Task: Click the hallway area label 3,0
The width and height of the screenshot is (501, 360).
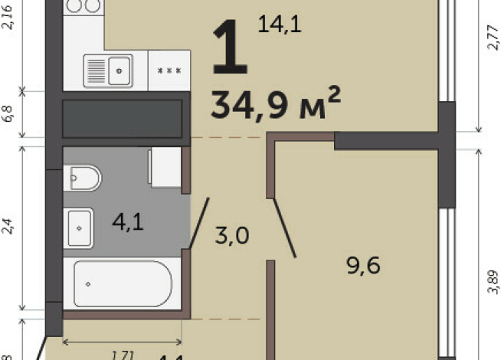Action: (x=232, y=236)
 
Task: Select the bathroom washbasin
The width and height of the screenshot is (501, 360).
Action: (x=79, y=227)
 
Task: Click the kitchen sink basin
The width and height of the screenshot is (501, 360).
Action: (x=119, y=70)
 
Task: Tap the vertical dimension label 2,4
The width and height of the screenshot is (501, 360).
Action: (x=8, y=226)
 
